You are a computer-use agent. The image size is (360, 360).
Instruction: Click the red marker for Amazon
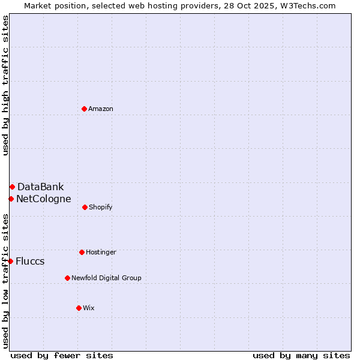[x=84, y=109]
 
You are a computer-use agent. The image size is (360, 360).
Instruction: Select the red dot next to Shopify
[x=85, y=207]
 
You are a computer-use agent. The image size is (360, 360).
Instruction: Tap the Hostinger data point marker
[x=82, y=252]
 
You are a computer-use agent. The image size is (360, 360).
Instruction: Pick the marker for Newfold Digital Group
[x=67, y=278]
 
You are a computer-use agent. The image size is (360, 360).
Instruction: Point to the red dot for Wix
[x=79, y=308]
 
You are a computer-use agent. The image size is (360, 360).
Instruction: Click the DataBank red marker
[x=12, y=187]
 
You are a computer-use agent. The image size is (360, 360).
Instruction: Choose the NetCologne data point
[x=11, y=199]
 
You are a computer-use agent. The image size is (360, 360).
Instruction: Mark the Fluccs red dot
[x=10, y=261]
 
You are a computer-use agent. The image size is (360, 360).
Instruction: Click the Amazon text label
[x=101, y=109]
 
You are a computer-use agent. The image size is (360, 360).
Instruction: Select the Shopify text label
[x=100, y=207]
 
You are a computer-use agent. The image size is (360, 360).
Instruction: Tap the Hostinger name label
[x=101, y=252]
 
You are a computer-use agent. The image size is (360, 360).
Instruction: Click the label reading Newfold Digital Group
[x=106, y=278]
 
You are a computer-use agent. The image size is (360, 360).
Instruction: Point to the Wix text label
[x=89, y=308]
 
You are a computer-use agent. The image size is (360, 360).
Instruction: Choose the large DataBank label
[x=40, y=187]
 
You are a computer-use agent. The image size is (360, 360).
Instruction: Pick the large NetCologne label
[x=43, y=199]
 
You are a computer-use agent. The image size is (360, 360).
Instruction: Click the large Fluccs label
[x=30, y=261]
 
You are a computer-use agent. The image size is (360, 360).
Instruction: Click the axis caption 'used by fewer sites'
[x=62, y=355]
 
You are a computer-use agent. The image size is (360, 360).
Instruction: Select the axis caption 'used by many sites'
[x=301, y=355]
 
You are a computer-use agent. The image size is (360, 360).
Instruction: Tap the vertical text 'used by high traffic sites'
[x=5, y=85]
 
